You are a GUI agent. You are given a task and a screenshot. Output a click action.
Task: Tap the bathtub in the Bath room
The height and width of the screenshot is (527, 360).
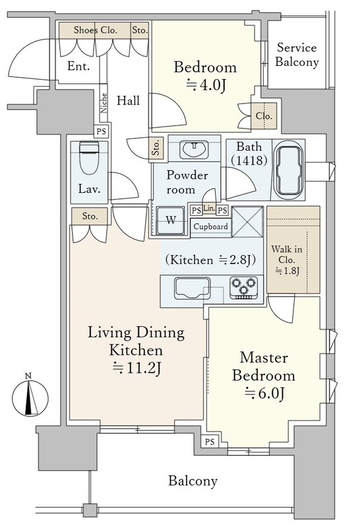(x=289, y=170)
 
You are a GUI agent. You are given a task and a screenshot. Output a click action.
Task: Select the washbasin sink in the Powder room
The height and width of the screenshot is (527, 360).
(x=194, y=149)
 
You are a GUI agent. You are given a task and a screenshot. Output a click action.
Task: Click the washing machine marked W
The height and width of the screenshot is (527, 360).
(x=171, y=220)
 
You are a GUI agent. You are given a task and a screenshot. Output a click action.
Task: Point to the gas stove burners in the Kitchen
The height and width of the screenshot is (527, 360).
(x=244, y=287)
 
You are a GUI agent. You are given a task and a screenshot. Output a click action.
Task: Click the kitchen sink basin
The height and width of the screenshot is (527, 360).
(x=192, y=288)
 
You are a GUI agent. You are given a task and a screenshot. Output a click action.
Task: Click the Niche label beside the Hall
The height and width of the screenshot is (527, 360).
(x=104, y=103)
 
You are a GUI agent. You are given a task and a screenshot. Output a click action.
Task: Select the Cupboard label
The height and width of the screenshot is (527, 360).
(x=210, y=227)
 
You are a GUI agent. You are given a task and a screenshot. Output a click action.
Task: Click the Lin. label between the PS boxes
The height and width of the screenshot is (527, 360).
(x=209, y=208)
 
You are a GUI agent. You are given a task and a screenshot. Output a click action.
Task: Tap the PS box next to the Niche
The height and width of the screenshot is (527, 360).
(x=102, y=131)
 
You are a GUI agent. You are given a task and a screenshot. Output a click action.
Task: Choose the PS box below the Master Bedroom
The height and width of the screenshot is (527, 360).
(x=210, y=441)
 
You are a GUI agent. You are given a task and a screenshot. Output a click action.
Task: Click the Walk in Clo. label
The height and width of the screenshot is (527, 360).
(x=287, y=260)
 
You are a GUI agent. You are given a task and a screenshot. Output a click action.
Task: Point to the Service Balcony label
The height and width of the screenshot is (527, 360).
(x=297, y=55)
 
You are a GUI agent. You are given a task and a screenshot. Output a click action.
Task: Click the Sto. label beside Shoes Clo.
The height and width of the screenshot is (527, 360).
(x=140, y=30)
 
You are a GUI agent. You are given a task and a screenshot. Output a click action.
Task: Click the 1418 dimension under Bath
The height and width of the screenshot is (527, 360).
(x=249, y=160)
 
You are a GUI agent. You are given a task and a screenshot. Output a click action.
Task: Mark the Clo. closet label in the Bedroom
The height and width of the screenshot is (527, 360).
(x=264, y=116)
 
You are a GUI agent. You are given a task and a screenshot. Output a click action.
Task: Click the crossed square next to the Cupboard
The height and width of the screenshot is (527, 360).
(x=248, y=222)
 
